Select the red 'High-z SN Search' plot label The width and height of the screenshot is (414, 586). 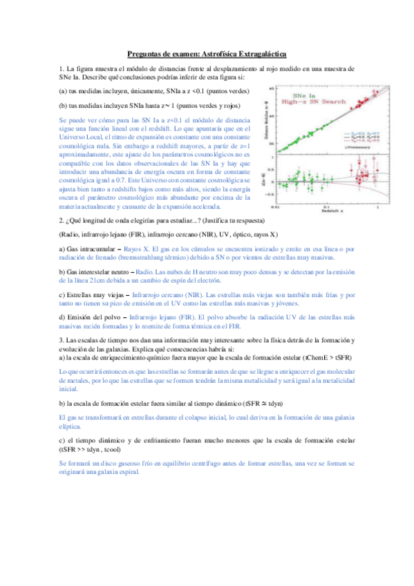[313, 101]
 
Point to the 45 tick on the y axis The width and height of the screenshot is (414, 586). [270, 89]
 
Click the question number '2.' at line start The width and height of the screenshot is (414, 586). [62, 220]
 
